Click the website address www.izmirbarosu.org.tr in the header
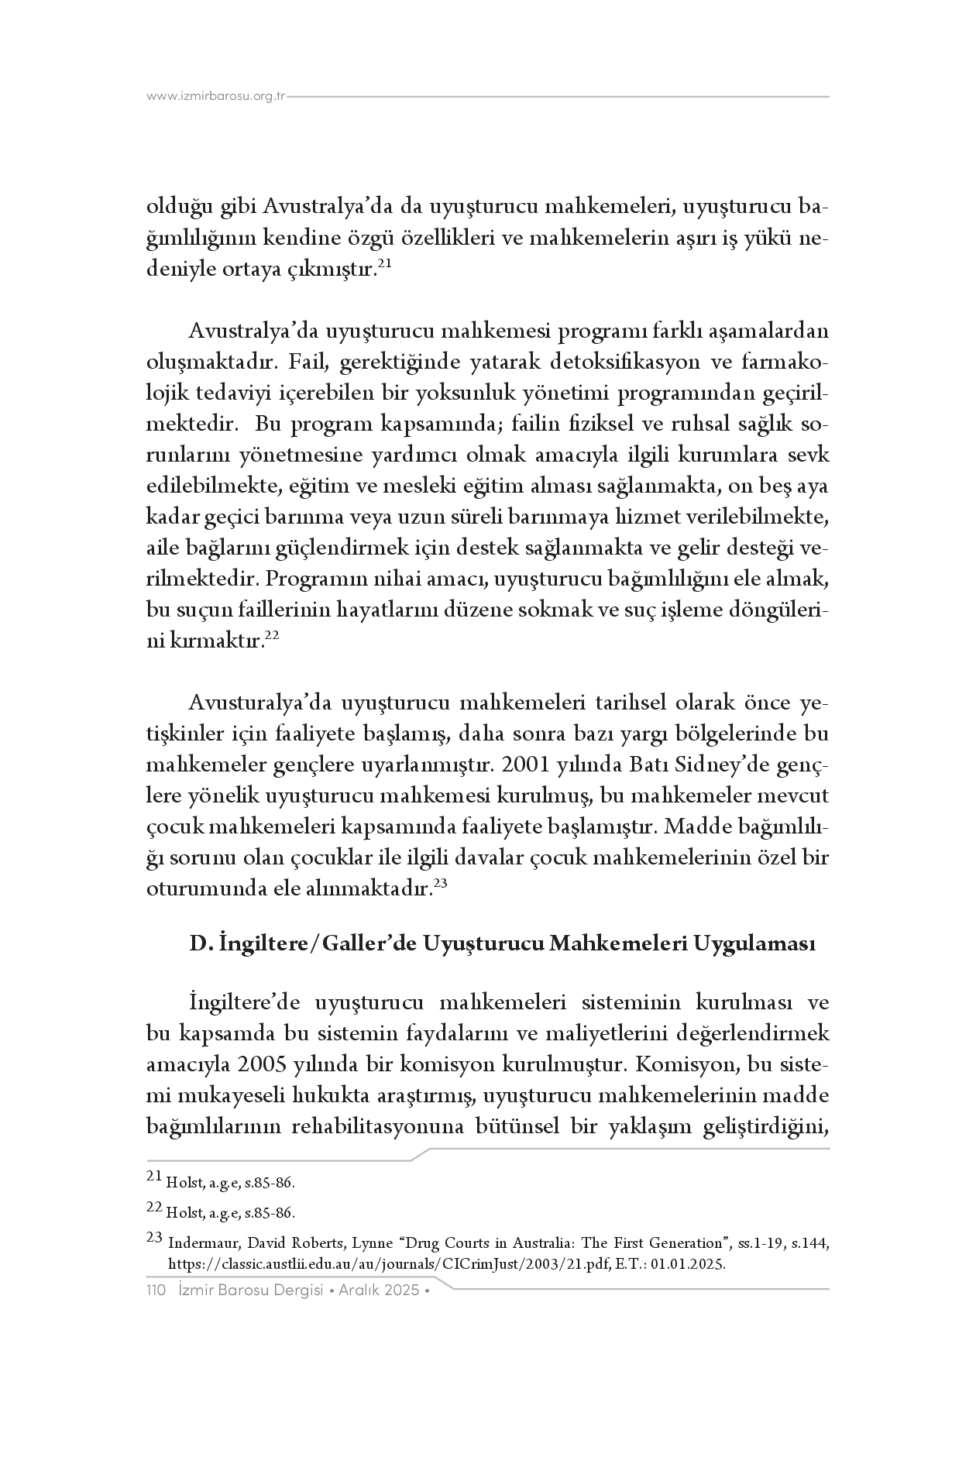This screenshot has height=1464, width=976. pos(216,97)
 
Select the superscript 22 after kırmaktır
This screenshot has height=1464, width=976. pos(271,636)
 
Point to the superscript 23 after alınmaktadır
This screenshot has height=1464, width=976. pos(440,883)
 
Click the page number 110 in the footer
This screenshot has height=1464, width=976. pos(158,1290)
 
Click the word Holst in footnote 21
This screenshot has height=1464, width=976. pos(183,1184)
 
